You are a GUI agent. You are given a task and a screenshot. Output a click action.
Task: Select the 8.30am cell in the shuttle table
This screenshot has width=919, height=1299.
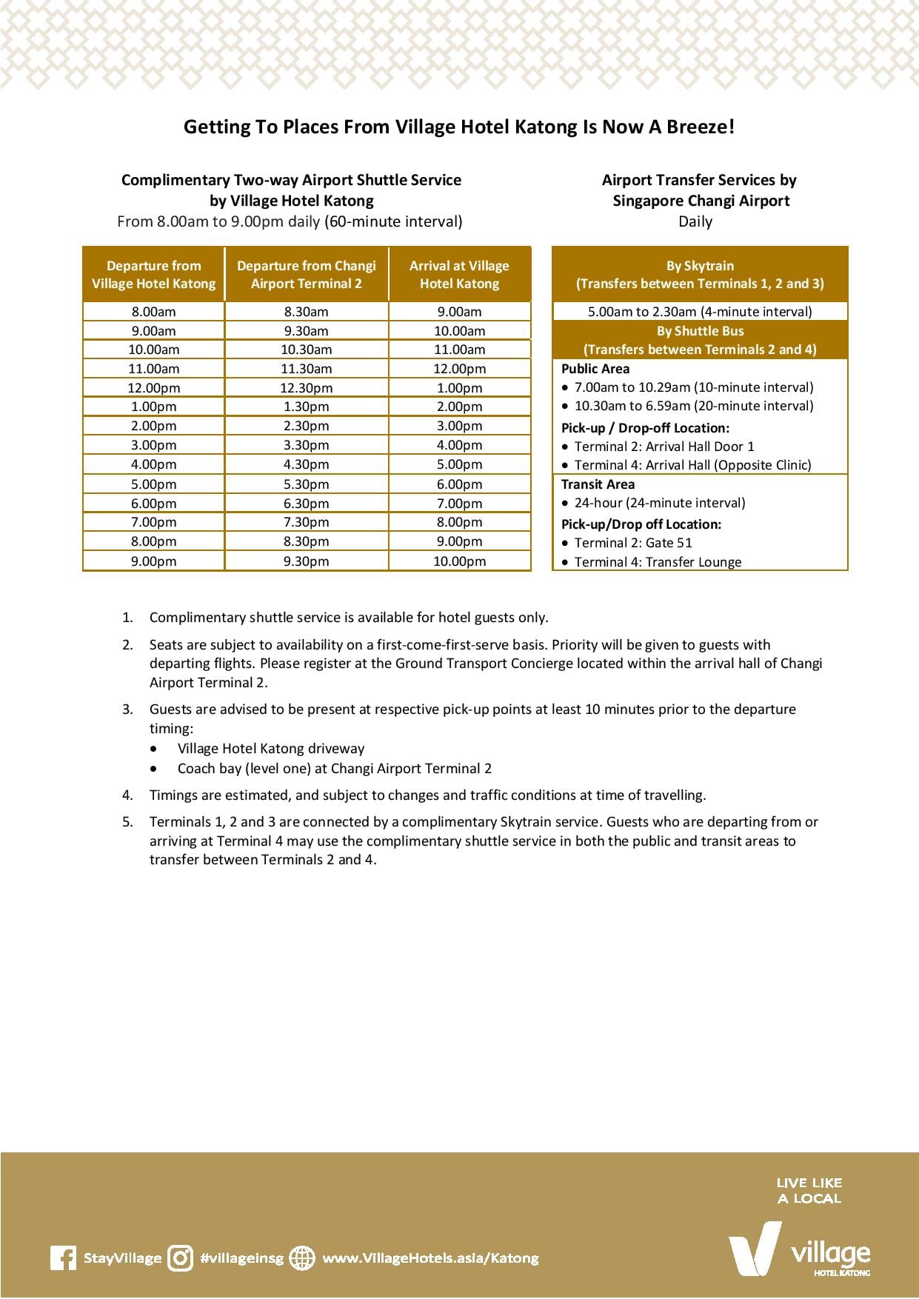(x=306, y=312)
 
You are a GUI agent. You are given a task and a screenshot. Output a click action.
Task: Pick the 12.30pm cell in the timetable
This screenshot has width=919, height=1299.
(x=306, y=388)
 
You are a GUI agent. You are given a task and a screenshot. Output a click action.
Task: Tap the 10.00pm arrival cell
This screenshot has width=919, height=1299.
(x=459, y=561)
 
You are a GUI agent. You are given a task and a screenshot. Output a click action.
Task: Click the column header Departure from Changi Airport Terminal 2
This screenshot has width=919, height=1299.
(x=306, y=275)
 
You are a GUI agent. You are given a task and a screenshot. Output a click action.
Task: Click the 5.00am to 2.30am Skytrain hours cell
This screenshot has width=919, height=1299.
(x=700, y=312)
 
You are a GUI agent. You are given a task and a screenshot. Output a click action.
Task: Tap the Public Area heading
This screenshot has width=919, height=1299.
(x=595, y=369)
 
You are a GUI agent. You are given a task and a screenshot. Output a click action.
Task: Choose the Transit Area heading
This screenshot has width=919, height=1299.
(x=598, y=484)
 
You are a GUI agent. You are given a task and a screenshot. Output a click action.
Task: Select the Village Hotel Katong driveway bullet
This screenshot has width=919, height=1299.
(x=270, y=749)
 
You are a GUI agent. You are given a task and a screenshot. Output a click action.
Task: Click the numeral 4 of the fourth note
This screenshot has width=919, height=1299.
(x=127, y=795)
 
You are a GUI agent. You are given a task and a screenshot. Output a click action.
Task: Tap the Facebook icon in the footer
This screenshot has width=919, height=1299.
(x=64, y=1258)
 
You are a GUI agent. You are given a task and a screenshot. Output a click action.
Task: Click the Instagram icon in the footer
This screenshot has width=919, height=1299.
(x=180, y=1258)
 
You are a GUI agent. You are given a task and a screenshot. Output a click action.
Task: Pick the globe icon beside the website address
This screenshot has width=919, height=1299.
(x=301, y=1258)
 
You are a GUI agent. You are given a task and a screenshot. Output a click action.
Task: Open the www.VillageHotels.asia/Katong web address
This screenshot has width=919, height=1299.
(x=431, y=1258)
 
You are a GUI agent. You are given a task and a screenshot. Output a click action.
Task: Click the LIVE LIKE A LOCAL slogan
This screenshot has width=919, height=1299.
(x=809, y=1190)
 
